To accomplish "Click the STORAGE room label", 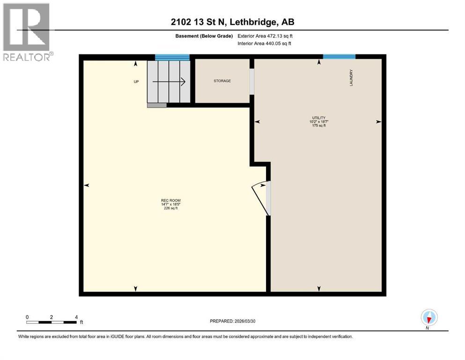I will pyautogui.click(x=222, y=81).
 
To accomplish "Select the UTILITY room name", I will pyautogui.click(x=319, y=118).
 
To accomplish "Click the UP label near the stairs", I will pyautogui.click(x=136, y=82).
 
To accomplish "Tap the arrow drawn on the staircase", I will pyautogui.click(x=169, y=82).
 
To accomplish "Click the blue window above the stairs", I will pyautogui.click(x=172, y=58).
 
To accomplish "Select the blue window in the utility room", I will pyautogui.click(x=339, y=57).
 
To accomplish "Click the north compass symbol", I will pyautogui.click(x=429, y=317).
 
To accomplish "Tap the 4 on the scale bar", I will pyautogui.click(x=76, y=317).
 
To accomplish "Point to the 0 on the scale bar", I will pyautogui.click(x=28, y=317).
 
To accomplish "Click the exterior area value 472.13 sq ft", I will pyautogui.click(x=280, y=36).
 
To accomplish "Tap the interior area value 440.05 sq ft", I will pyautogui.click(x=279, y=44).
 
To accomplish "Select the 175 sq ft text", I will pyautogui.click(x=319, y=126).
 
